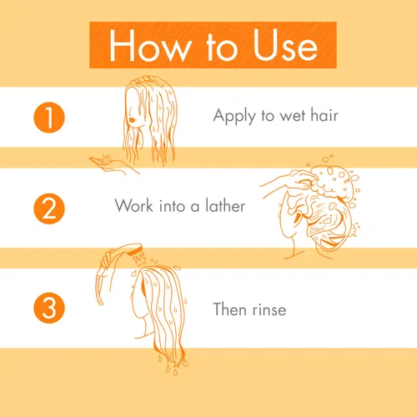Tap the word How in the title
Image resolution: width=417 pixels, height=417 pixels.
click(x=148, y=45)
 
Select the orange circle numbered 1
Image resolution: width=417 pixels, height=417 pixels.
click(x=49, y=118)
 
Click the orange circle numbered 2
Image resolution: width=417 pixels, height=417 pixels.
click(x=49, y=208)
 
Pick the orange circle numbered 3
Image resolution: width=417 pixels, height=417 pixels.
click(x=49, y=308)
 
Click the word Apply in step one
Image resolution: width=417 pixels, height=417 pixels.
click(x=234, y=116)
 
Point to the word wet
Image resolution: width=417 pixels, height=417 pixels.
click(x=292, y=116)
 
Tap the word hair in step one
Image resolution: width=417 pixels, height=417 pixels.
click(x=324, y=115)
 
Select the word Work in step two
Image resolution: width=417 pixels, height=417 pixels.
click(x=134, y=206)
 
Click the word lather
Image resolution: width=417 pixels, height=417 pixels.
click(x=225, y=206)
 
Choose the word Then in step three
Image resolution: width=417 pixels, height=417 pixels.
click(x=230, y=309)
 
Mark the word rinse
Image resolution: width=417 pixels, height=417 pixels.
click(x=269, y=310)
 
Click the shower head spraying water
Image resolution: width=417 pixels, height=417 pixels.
click(x=128, y=249)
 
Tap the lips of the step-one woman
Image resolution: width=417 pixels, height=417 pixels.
click(x=132, y=119)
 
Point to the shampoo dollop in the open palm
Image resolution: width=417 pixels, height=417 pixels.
click(x=106, y=159)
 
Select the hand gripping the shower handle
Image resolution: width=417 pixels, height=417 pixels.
click(x=107, y=259)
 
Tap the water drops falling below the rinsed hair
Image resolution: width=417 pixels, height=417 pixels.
click(x=173, y=364)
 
